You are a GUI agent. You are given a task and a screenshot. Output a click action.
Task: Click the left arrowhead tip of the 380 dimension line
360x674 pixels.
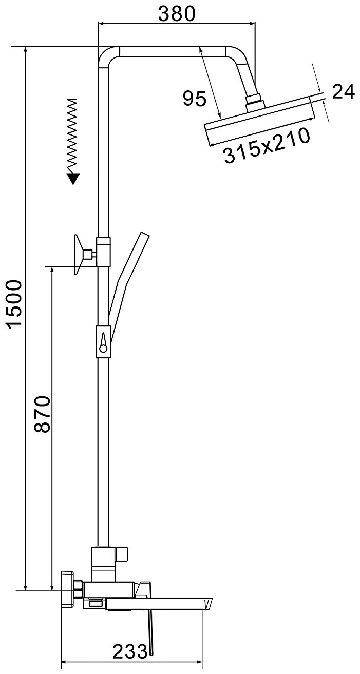(x=99, y=22)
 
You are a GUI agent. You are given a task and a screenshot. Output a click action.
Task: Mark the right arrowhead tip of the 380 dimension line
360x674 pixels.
(x=255, y=22)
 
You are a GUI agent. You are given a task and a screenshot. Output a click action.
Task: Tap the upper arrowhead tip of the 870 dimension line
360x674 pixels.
(x=52, y=267)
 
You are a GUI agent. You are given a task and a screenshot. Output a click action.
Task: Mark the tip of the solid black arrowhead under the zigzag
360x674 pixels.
(x=73, y=184)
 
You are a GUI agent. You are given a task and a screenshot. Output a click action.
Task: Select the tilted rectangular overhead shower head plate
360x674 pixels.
(x=259, y=121)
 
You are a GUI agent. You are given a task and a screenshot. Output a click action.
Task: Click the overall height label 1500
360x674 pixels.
(x=15, y=303)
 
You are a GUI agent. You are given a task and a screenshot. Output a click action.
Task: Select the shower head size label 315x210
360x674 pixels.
(x=267, y=146)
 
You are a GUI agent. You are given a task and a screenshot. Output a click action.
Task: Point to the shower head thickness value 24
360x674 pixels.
(x=344, y=92)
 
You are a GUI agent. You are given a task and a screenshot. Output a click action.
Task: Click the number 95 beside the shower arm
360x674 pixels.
(x=195, y=98)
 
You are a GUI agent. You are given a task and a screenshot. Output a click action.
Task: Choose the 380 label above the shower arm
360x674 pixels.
(x=177, y=14)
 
